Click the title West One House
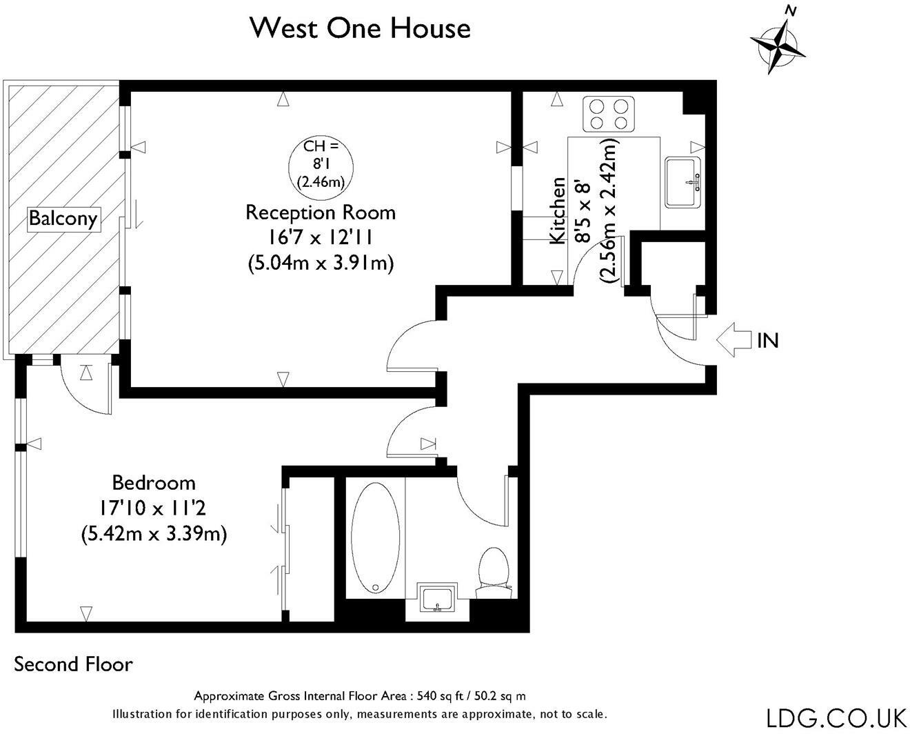click(x=361, y=29)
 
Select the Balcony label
click(x=63, y=219)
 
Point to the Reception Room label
click(x=321, y=212)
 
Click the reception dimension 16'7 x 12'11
click(x=320, y=238)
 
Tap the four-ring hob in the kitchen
click(x=609, y=114)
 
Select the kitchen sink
click(x=683, y=182)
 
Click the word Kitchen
click(x=558, y=210)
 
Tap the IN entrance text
click(x=767, y=340)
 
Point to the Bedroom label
click(x=154, y=483)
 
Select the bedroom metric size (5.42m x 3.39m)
click(x=154, y=534)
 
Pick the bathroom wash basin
click(x=437, y=597)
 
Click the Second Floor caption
click(x=73, y=664)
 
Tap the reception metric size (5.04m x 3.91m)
click(x=321, y=263)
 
